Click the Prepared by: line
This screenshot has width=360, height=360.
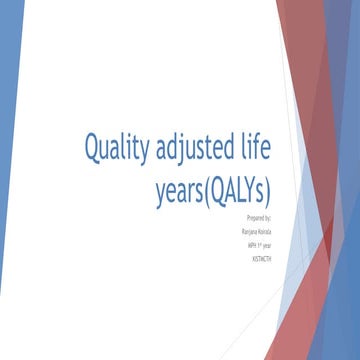[x=258, y=216]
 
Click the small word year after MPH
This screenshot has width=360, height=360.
[x=266, y=243]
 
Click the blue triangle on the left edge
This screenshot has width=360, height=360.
[x=8, y=150]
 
